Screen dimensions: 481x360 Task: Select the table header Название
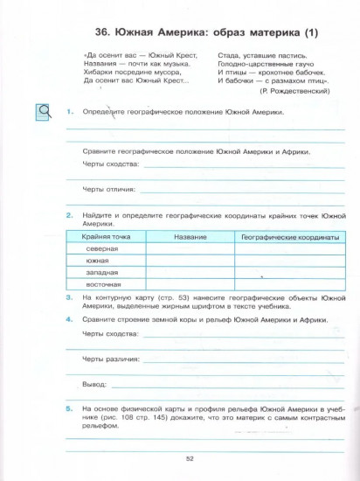point(190,237)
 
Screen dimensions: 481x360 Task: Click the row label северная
point(102,248)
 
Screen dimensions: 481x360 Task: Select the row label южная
point(98,261)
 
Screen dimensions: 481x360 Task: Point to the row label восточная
point(103,285)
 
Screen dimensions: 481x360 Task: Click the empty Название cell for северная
point(190,248)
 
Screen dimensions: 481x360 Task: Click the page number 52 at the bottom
point(189,457)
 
